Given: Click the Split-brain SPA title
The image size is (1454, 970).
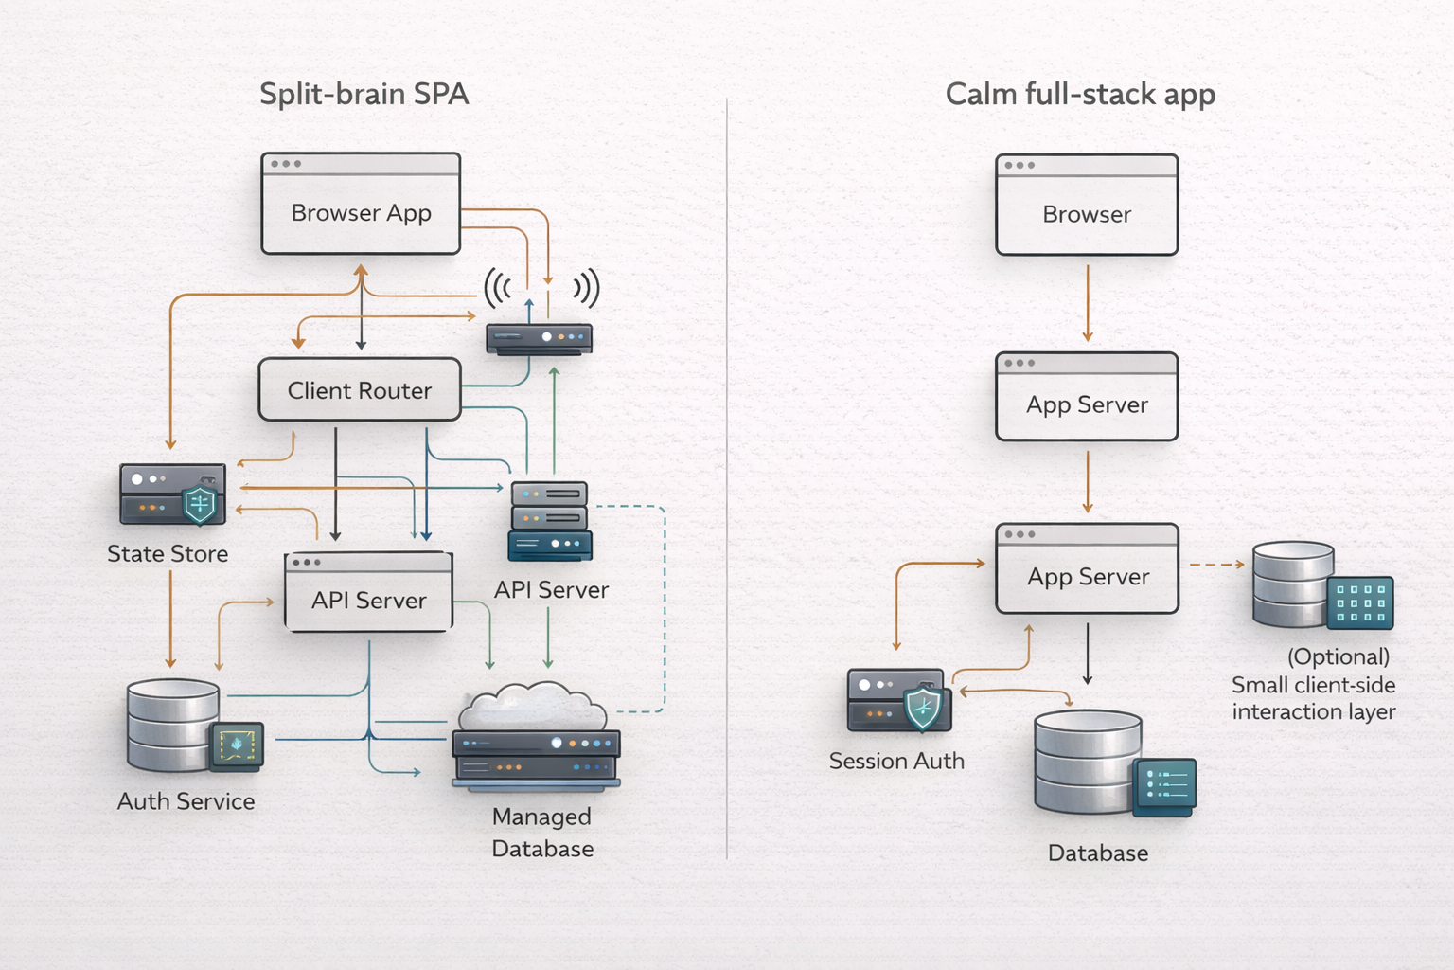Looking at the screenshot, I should tap(363, 94).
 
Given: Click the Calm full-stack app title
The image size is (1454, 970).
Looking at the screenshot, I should tap(1080, 94).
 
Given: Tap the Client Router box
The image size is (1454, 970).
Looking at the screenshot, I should tap(360, 389).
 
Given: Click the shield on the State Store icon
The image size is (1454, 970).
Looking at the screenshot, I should tap(200, 504).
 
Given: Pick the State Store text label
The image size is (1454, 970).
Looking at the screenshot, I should tap(168, 553).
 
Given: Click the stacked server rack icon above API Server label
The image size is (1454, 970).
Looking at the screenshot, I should tap(550, 520).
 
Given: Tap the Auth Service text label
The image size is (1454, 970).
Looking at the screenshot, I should tap(186, 801).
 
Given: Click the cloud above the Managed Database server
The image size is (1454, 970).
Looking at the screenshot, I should tap(533, 706).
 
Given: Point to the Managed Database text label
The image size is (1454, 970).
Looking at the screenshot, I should tap(542, 833).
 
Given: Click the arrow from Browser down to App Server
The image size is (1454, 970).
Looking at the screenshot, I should tap(1088, 303).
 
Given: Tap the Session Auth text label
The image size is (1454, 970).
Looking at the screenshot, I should tap(896, 761).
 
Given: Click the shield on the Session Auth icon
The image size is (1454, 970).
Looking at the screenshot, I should tap(923, 709).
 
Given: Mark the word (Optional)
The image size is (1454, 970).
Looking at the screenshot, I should tap(1338, 656).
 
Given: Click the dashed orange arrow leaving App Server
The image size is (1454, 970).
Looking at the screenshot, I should tap(1216, 565).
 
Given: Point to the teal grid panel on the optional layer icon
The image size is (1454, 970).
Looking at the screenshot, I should tap(1360, 602).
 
